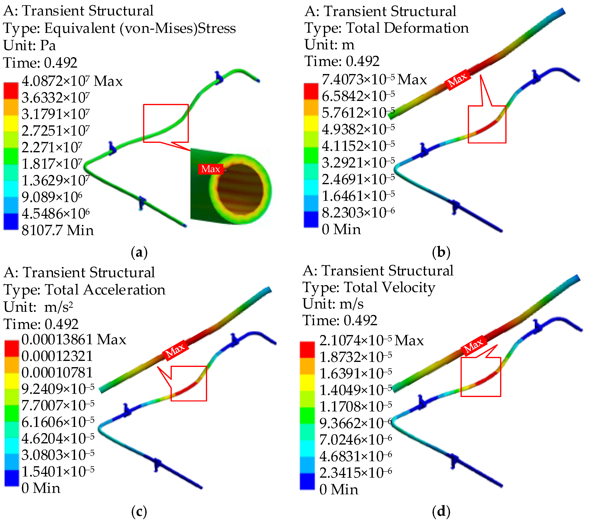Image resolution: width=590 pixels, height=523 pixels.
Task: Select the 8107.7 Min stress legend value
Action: [x=58, y=230]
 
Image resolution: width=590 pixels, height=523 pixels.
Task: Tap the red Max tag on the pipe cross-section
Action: [x=211, y=169]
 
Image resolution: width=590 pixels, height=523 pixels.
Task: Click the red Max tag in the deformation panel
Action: [x=458, y=80]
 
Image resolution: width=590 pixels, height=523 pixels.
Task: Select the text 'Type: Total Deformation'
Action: [x=387, y=28]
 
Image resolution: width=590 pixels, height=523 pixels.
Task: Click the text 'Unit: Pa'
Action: [x=29, y=46]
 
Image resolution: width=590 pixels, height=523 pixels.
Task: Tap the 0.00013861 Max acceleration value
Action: [x=74, y=339]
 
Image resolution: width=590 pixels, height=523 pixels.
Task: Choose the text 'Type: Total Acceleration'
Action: [x=84, y=290]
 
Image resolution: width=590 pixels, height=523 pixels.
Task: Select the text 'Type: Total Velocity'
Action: [x=369, y=287]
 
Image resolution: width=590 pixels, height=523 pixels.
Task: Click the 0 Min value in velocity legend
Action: [x=339, y=489]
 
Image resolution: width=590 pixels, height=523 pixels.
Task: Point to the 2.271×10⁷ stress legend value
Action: [x=52, y=147]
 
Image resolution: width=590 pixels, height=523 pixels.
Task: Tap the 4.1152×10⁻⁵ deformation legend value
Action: [x=358, y=146]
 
